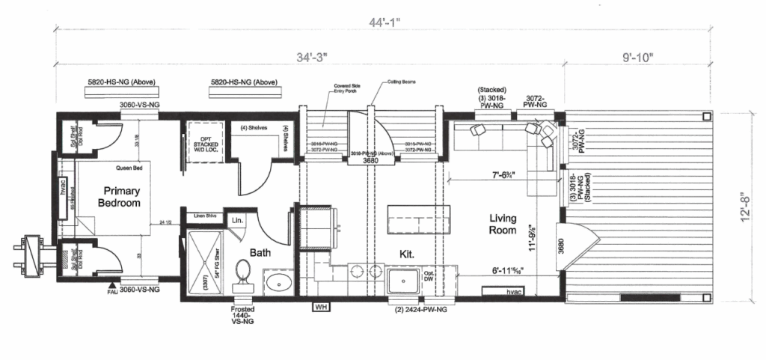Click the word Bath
click(x=261, y=253)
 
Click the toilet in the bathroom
click(x=242, y=273)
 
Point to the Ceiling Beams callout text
click(x=401, y=82)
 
